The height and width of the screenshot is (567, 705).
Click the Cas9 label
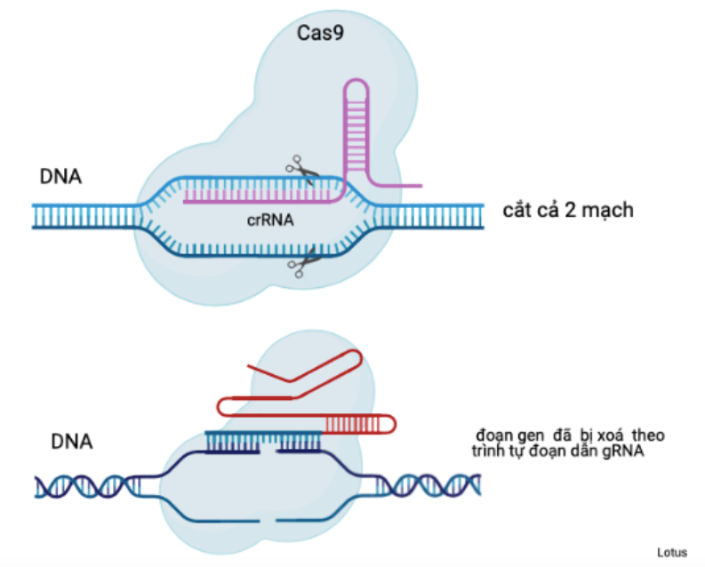(x=318, y=34)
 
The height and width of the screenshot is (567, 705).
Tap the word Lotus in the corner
(x=671, y=552)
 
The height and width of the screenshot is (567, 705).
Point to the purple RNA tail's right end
(x=420, y=185)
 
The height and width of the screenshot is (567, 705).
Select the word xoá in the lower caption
(x=611, y=436)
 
